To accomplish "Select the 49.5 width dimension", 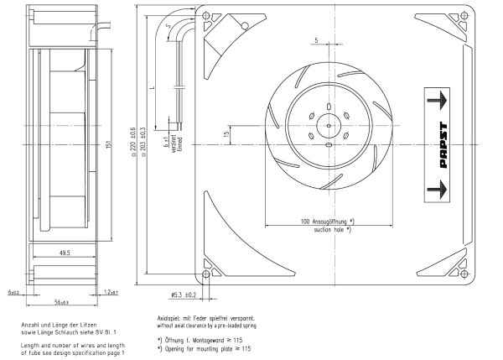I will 65,251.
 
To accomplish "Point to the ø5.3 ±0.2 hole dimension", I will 183,295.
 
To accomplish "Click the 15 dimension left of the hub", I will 226,134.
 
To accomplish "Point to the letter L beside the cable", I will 151,88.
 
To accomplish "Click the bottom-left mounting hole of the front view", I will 207,273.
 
